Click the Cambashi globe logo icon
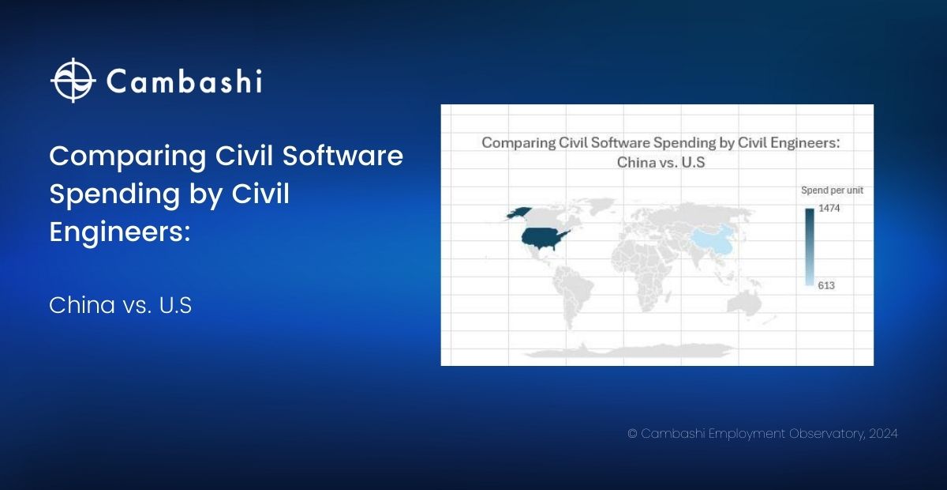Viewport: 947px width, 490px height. tap(73, 80)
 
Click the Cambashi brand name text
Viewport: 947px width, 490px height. tap(184, 81)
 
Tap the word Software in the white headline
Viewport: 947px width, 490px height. tap(342, 156)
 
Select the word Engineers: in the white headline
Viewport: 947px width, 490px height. tap(120, 232)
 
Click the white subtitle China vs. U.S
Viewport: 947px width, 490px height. tap(121, 305)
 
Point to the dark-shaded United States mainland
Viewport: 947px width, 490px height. tap(543, 239)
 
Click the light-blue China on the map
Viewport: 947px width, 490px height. tap(713, 240)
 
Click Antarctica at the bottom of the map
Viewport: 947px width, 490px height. tap(629, 352)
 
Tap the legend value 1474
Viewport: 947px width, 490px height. tap(829, 208)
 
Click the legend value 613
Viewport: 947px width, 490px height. tap(826, 285)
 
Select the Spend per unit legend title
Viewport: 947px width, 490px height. tap(832, 190)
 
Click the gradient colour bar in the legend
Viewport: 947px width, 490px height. tap(809, 247)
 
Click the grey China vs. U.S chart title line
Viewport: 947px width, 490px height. tap(661, 162)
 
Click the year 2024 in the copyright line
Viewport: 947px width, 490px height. tap(883, 434)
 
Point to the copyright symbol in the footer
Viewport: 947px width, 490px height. tap(632, 434)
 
